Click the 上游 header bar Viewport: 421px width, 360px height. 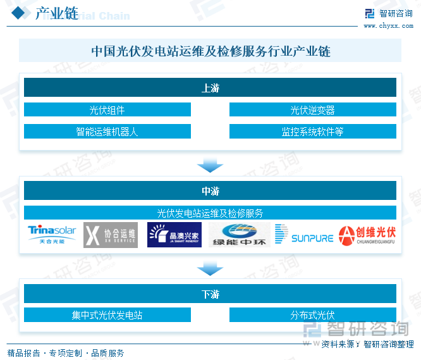pyautogui.click(x=210, y=88)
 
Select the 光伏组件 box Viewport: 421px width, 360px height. pyautogui.click(x=107, y=110)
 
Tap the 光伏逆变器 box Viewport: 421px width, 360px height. pyautogui.click(x=312, y=110)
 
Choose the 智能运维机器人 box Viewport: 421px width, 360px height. pyautogui.click(x=107, y=132)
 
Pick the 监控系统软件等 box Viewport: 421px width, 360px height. pyautogui.click(x=312, y=132)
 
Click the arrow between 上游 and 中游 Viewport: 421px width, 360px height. pyautogui.click(x=210, y=166)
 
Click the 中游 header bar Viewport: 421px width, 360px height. pyautogui.click(x=210, y=190)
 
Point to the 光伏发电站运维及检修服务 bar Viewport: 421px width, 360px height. pyautogui.click(x=210, y=213)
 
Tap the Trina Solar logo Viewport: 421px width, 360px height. pyautogui.click(x=52, y=235)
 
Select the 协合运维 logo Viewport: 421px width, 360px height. pyautogui.click(x=111, y=235)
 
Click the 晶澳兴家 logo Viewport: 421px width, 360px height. pyautogui.click(x=174, y=235)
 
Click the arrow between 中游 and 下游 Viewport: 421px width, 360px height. pyautogui.click(x=210, y=270)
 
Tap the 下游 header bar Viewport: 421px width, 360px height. pyautogui.click(x=210, y=294)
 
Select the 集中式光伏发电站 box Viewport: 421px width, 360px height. pyautogui.click(x=107, y=315)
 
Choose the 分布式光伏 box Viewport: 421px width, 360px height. pyautogui.click(x=312, y=315)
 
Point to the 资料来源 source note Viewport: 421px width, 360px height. pyautogui.click(x=367, y=344)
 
